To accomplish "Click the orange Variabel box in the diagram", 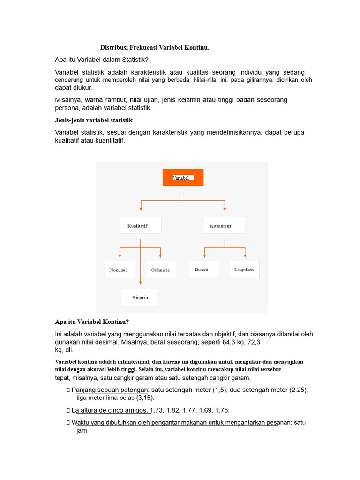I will (x=183, y=178).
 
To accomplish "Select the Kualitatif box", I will (x=141, y=225).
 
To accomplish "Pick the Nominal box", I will (x=119, y=270).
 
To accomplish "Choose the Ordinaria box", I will (x=161, y=270).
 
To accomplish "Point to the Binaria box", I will (x=140, y=297).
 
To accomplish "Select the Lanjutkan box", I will (x=244, y=269).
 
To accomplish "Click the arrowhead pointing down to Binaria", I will (x=141, y=282).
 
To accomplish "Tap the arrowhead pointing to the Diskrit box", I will (x=204, y=255).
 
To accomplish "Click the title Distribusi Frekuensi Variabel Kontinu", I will (x=155, y=48).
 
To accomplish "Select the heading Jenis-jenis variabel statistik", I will (x=94, y=120).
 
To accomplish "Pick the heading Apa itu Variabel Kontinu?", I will (x=92, y=322).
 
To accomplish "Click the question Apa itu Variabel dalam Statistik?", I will (x=102, y=60).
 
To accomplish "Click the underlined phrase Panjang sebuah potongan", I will (x=110, y=390).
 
